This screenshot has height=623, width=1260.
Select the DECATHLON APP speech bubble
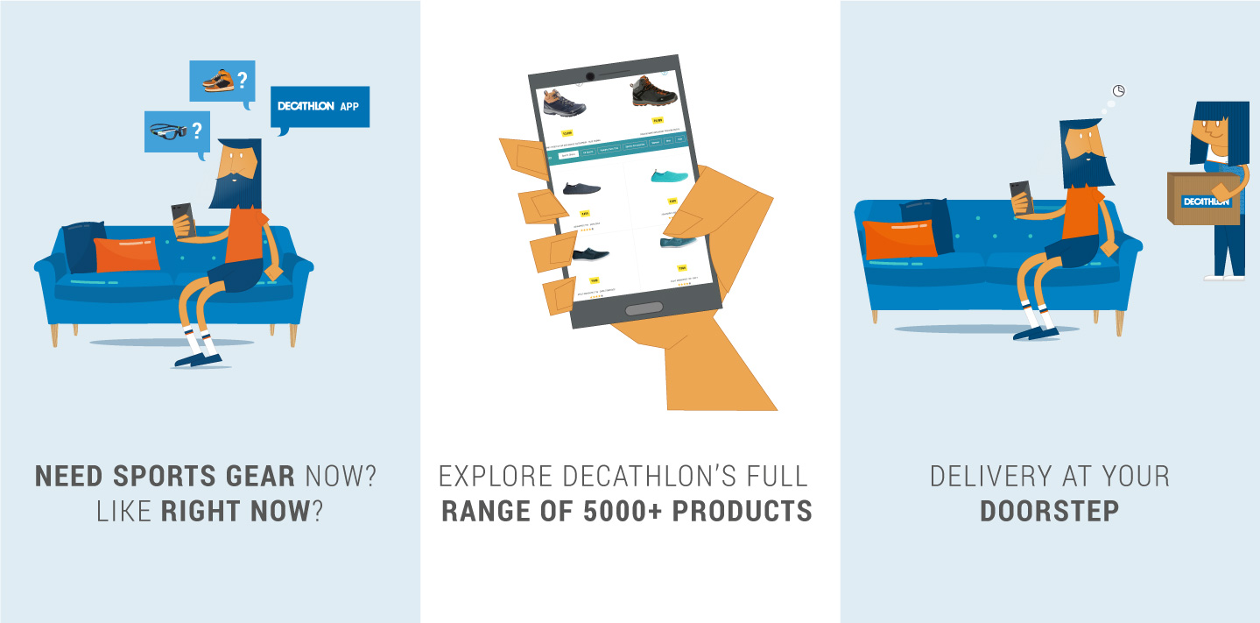click(x=320, y=106)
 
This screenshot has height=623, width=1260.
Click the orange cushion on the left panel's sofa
click(x=127, y=254)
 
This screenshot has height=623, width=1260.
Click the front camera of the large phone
click(x=590, y=77)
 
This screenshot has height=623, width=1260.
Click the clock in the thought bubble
click(x=1118, y=90)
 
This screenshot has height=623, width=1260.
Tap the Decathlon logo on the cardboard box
click(x=1207, y=202)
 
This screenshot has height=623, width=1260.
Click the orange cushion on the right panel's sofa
click(x=899, y=238)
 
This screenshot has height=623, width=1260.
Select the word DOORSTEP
click(x=1049, y=511)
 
